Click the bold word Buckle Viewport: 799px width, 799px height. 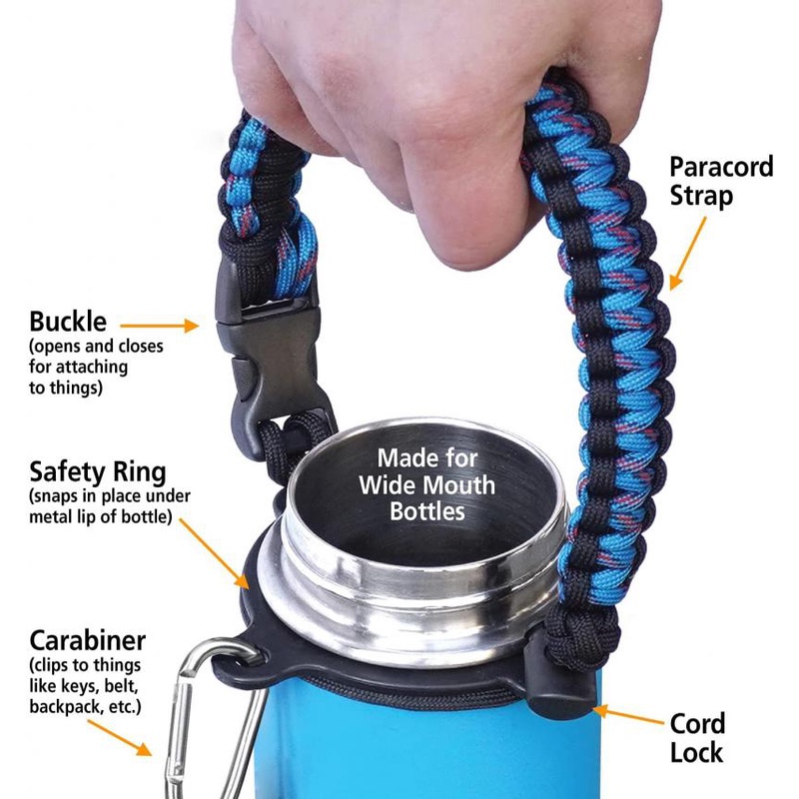[68, 322]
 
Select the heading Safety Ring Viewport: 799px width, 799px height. [98, 470]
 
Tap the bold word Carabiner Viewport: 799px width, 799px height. [88, 640]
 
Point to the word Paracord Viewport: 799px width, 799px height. [721, 166]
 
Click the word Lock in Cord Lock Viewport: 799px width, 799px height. [696, 751]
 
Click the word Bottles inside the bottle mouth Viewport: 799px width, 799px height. [426, 512]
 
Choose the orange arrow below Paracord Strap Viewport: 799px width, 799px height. [689, 250]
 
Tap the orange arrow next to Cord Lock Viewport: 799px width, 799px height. [628, 715]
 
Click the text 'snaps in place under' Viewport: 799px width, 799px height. [110, 496]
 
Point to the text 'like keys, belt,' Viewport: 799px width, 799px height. [90, 686]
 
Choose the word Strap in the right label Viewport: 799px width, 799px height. [701, 196]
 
